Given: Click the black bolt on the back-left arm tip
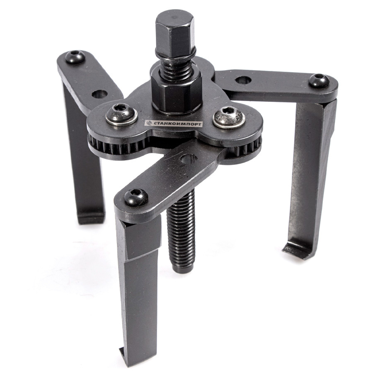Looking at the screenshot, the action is pyautogui.click(x=75, y=57).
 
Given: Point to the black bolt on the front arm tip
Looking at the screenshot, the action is pyautogui.click(x=136, y=197).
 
